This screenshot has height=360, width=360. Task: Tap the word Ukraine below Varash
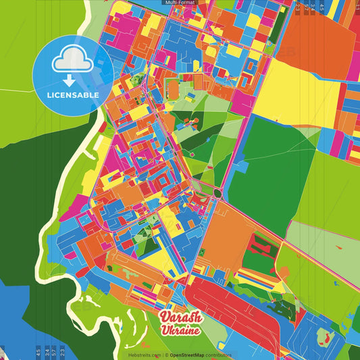point(179,331)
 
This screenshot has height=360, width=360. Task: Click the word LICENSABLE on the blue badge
point(73,95)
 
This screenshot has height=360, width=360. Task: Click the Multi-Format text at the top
point(180,3)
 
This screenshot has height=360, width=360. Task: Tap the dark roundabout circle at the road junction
point(217,195)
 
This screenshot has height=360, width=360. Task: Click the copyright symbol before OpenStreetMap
point(166,355)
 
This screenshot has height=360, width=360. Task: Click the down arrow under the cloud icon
point(73,74)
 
